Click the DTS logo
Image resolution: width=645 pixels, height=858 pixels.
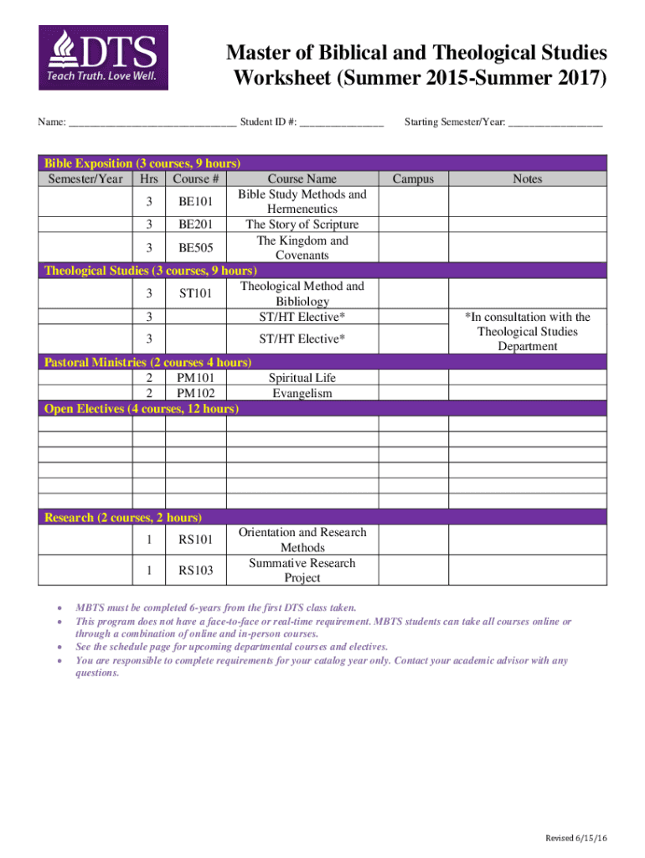(x=103, y=58)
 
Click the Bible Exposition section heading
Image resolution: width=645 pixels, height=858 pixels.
(x=142, y=163)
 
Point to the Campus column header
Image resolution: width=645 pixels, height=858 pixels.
(x=413, y=178)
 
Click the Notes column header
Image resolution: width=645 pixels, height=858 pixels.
(x=527, y=178)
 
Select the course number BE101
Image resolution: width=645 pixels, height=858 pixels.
(x=196, y=202)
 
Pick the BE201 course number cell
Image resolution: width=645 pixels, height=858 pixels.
(x=196, y=225)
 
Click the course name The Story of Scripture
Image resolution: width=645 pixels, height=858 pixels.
(x=302, y=225)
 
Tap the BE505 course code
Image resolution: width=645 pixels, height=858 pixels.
(x=196, y=248)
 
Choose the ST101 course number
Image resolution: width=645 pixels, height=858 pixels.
(x=196, y=293)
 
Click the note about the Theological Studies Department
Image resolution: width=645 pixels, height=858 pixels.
(x=527, y=332)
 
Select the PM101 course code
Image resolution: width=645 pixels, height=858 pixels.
(x=196, y=378)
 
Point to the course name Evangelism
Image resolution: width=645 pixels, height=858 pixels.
(x=302, y=393)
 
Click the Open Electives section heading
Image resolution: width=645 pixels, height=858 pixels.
(x=141, y=408)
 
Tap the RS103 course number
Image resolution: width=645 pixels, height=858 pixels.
(x=196, y=571)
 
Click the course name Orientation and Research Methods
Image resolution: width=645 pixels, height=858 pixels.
(x=302, y=540)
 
